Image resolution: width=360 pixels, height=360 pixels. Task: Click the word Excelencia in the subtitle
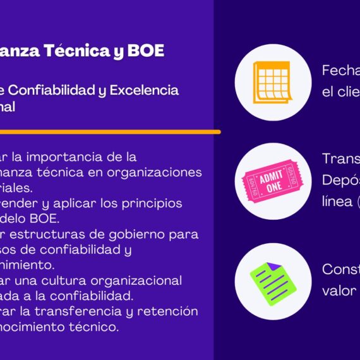pyautogui.click(x=144, y=90)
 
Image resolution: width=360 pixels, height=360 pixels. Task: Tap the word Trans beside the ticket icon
pyautogui.click(x=340, y=159)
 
